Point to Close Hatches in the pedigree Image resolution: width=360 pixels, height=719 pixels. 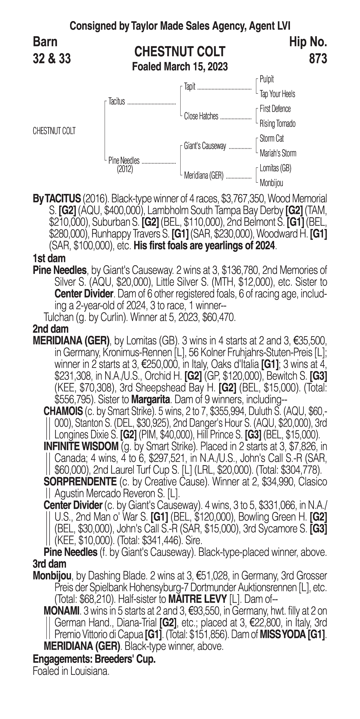click(x=201, y=116)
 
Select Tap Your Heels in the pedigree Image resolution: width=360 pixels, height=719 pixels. click(x=277, y=94)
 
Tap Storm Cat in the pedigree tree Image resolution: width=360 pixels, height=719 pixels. click(x=272, y=138)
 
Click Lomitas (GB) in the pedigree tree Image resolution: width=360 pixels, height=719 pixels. click(x=275, y=168)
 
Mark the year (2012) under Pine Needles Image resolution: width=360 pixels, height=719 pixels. click(x=125, y=169)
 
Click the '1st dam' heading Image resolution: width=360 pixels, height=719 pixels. click(x=49, y=258)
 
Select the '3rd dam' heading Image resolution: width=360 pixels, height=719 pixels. click(x=49, y=564)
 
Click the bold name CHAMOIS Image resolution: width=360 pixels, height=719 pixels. click(x=63, y=411)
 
